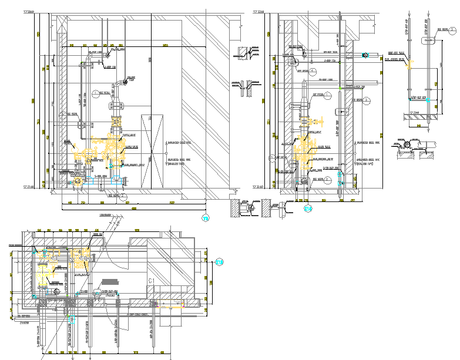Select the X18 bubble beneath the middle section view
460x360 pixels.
[307, 208]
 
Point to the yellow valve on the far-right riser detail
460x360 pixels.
[427, 101]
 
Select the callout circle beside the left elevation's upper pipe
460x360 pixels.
[96, 94]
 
